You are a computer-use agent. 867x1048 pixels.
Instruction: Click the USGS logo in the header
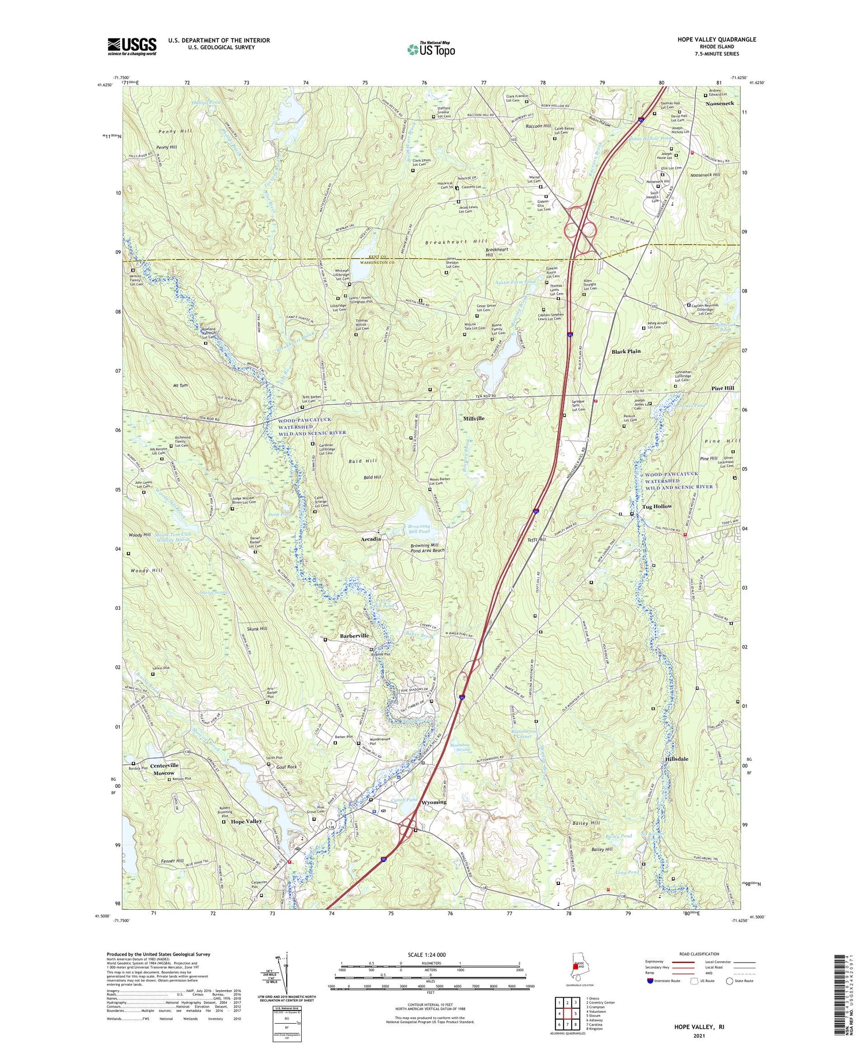point(132,46)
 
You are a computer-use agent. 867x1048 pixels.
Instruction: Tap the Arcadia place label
point(371,539)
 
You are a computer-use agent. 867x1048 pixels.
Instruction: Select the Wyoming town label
point(433,802)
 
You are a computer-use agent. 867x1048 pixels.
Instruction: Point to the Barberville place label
point(354,636)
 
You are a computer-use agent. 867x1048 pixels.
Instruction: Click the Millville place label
point(474,418)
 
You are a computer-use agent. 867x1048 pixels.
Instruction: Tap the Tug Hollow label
point(657,506)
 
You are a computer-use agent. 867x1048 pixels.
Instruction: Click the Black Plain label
point(626,351)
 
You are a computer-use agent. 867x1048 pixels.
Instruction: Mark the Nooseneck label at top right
point(720,103)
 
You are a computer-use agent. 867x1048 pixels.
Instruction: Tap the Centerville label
point(165,765)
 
